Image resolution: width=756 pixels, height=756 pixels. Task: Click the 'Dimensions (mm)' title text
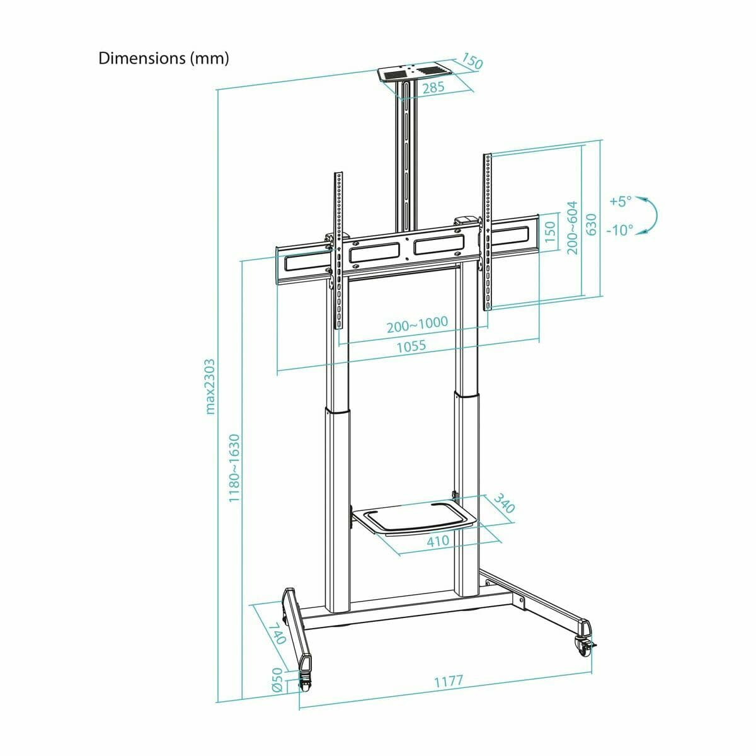[x=164, y=59]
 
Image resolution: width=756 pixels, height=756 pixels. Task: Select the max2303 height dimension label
[x=211, y=387]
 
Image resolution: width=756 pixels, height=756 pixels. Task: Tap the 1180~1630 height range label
[x=234, y=467]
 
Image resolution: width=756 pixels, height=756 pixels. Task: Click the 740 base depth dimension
[x=277, y=634]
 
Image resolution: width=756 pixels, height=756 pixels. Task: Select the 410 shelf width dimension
[x=438, y=541]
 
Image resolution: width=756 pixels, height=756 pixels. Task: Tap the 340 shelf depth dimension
[x=504, y=507]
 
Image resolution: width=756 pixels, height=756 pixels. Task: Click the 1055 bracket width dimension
[x=411, y=346]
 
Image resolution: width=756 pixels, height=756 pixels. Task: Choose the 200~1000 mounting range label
[x=417, y=324]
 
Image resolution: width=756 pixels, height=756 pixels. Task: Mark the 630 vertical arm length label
[x=591, y=224]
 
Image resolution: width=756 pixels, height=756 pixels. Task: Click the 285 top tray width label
[x=433, y=88]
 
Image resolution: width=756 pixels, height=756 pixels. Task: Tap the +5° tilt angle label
[x=620, y=202]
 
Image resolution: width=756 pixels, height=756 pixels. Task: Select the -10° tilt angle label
[x=619, y=230]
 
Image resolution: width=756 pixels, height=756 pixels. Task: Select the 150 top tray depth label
[x=472, y=61]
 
